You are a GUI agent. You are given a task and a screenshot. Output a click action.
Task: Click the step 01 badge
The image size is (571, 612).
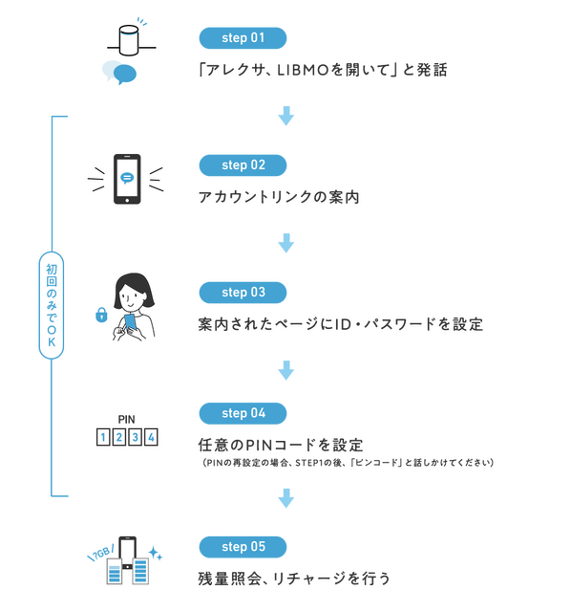coord(243,38)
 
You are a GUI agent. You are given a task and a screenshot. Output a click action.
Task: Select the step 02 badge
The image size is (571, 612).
coord(243,165)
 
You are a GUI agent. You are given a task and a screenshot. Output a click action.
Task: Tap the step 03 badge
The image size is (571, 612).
coord(243,292)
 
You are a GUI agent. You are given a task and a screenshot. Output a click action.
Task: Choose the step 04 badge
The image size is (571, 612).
coord(243,414)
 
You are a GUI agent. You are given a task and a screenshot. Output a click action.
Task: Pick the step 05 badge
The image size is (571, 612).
coord(243,547)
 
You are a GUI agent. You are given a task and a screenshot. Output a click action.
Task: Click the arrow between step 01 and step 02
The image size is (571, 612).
coord(285,117)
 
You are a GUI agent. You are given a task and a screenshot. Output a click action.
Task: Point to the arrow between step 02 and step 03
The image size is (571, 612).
coord(285,244)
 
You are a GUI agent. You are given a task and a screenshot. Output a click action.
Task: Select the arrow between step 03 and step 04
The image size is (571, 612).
coord(285,370)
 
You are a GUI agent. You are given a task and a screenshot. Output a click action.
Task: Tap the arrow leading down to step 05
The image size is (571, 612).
coord(285,496)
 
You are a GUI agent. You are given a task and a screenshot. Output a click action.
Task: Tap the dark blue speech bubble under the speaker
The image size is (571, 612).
coord(124,74)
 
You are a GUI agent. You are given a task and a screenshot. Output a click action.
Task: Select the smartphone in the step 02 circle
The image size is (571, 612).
coord(127,179)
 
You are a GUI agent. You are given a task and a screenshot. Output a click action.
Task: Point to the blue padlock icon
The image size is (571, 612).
coord(101,314)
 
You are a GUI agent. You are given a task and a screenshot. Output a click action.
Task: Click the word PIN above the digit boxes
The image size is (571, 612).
coord(127,419)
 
